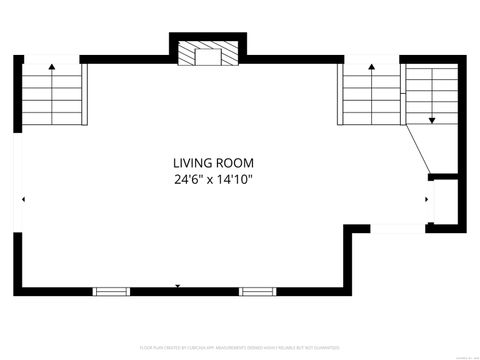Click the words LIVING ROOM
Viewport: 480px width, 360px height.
[x=213, y=163]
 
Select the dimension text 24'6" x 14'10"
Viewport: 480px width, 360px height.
[x=213, y=181]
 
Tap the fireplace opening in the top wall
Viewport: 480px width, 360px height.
[x=207, y=56]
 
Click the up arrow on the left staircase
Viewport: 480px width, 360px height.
[x=51, y=67]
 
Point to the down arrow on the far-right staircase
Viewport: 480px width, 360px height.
[x=432, y=119]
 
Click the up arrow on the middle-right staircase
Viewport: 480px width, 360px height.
[x=371, y=67]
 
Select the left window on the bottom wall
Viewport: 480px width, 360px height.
[x=111, y=291]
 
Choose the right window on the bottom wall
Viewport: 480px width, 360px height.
[x=256, y=291]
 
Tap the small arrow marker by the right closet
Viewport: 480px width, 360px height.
[x=427, y=199]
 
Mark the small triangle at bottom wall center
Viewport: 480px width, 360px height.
[x=178, y=286]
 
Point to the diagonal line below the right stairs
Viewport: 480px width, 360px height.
[x=418, y=149]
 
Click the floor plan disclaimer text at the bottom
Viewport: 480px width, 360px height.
[x=240, y=348]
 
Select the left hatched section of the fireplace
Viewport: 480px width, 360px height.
[x=185, y=55]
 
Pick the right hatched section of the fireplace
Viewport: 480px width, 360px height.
[x=231, y=55]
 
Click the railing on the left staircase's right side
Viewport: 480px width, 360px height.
[x=84, y=94]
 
